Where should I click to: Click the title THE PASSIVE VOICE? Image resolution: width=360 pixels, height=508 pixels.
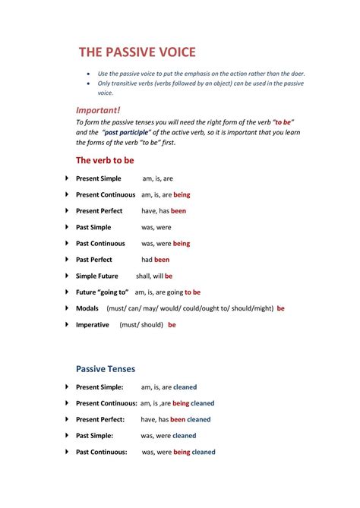tap(137, 52)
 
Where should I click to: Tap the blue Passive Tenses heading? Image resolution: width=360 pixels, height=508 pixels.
tap(106, 369)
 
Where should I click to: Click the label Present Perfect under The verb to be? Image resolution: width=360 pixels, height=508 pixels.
tap(99, 211)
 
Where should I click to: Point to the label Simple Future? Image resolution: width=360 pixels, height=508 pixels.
tap(97, 276)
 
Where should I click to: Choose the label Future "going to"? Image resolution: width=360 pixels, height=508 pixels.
tap(101, 292)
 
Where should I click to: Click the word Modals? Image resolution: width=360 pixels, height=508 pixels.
tap(88, 309)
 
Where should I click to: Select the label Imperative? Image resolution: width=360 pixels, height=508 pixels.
tap(93, 325)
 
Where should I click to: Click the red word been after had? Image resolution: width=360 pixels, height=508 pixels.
tap(162, 260)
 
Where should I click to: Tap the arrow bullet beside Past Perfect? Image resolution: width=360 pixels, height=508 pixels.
tap(67, 260)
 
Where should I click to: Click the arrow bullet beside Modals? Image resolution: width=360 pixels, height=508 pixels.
tap(67, 309)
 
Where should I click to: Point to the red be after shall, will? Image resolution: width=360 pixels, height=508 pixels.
tap(169, 276)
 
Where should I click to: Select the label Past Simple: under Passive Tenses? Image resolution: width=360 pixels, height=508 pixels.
tap(95, 436)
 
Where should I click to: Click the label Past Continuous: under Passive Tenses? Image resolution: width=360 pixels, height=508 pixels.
tap(100, 452)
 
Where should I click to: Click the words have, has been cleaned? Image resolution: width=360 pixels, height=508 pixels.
tap(175, 419)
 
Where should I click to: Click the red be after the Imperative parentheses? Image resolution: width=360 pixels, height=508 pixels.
tap(172, 325)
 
